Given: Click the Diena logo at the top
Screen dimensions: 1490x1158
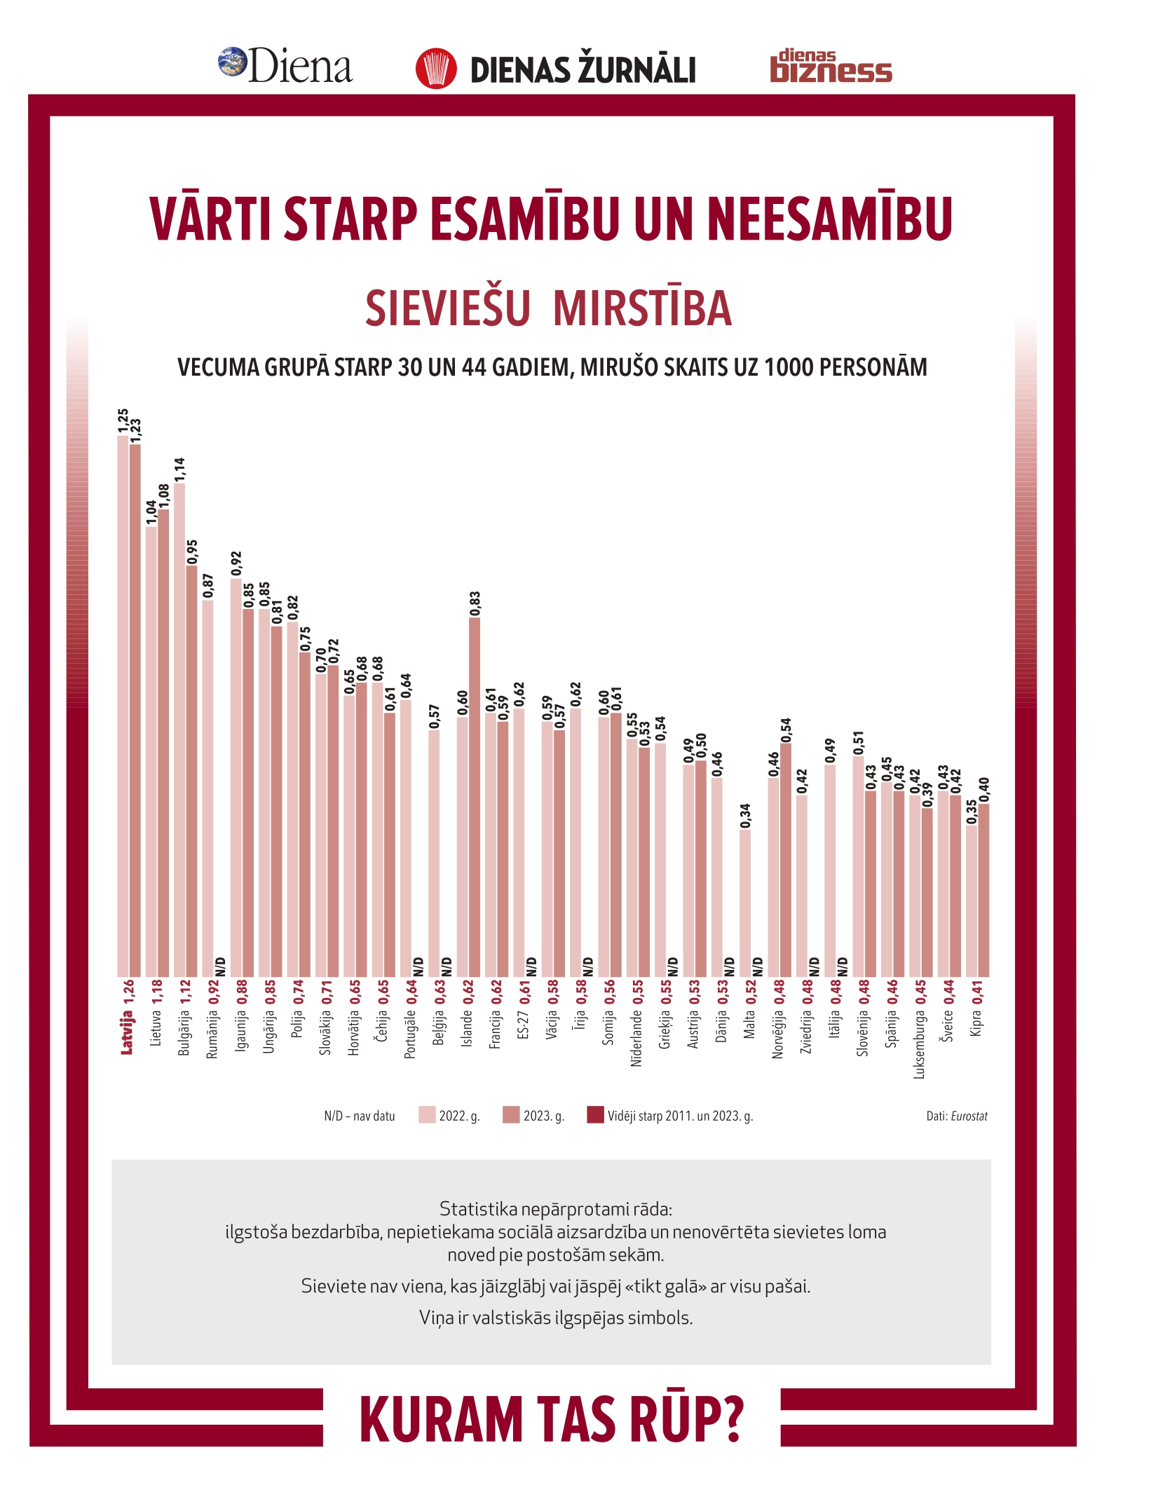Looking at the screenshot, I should tap(285, 66).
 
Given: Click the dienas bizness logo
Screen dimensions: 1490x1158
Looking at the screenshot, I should tap(831, 67).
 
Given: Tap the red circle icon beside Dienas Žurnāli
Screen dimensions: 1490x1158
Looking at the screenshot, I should tap(436, 69).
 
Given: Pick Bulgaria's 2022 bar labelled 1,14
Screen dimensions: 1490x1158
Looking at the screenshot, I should tap(179, 729).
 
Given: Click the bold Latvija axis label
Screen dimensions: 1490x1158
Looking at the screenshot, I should tap(127, 1032).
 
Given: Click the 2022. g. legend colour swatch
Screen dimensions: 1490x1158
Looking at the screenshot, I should tap(427, 1115).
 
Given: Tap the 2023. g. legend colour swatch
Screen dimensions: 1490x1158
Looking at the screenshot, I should tap(511, 1115).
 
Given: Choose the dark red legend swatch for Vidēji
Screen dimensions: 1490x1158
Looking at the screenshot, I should tap(595, 1115).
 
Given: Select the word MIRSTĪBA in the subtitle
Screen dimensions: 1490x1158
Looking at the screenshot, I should tap(642, 308).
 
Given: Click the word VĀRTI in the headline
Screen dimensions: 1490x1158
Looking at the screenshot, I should tap(210, 219).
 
